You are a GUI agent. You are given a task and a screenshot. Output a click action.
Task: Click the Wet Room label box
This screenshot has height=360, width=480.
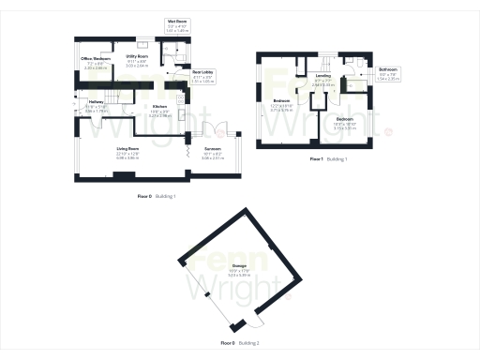point(177,25)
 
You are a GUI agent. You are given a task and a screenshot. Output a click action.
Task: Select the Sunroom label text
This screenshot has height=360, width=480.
point(213,155)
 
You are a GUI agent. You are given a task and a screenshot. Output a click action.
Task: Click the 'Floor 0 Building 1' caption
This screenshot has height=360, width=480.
point(157,195)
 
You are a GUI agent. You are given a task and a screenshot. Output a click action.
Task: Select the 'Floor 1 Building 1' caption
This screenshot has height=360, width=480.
point(328,160)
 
